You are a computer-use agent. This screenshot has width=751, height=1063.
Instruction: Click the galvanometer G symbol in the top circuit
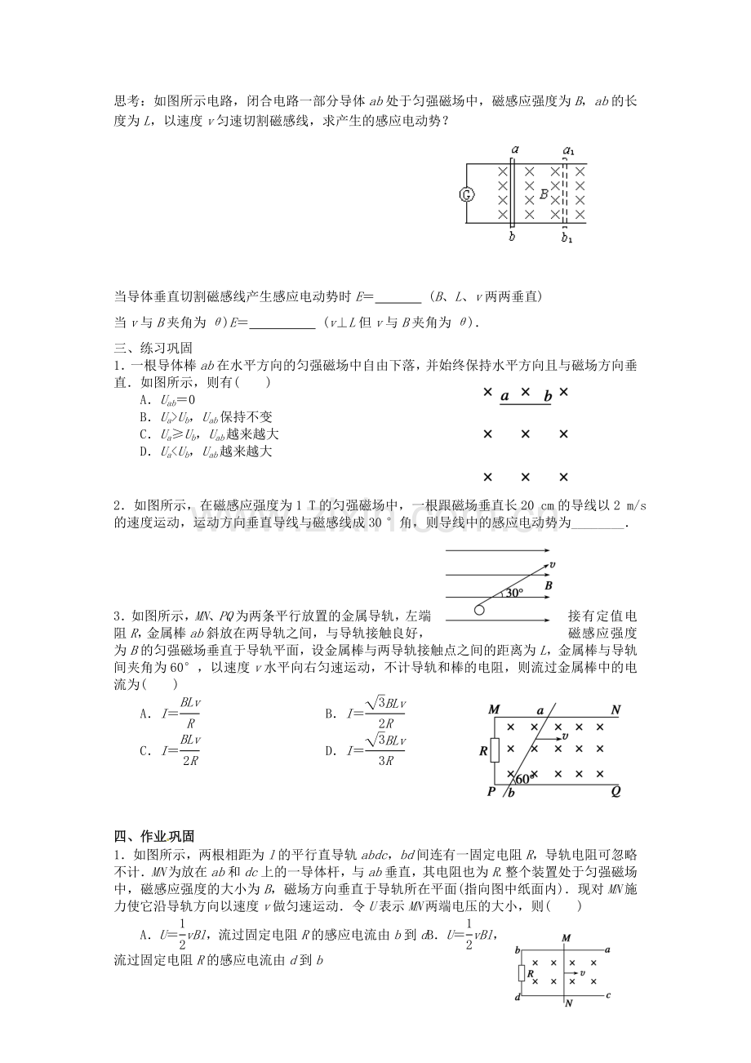click(x=466, y=194)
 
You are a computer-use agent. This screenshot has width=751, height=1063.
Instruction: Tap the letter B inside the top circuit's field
click(x=544, y=194)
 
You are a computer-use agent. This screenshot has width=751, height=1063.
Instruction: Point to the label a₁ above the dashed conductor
click(x=569, y=150)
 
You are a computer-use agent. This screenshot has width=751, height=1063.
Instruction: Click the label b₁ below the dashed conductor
click(x=567, y=238)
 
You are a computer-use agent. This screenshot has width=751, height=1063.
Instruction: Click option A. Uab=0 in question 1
click(x=168, y=400)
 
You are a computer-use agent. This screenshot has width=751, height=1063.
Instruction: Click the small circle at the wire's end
click(x=479, y=610)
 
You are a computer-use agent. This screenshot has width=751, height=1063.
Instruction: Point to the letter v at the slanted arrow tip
click(x=553, y=564)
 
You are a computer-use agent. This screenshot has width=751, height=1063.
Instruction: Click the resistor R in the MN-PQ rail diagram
click(x=494, y=749)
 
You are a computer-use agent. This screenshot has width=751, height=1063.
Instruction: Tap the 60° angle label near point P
click(x=523, y=778)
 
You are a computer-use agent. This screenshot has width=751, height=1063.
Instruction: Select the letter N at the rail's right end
click(x=615, y=710)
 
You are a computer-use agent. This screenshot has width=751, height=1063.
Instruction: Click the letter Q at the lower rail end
click(x=615, y=790)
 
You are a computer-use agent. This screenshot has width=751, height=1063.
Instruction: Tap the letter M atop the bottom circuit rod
click(x=567, y=938)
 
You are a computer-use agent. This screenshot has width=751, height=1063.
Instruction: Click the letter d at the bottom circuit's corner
click(x=517, y=999)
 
